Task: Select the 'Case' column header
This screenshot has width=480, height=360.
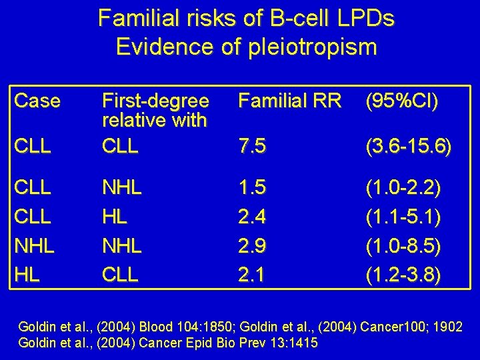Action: [37, 101]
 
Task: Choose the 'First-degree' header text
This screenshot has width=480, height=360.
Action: [155, 101]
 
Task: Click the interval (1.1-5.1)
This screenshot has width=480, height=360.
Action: [403, 217]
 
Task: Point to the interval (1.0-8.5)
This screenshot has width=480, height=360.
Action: [403, 245]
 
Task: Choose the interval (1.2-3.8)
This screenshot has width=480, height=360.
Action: [403, 273]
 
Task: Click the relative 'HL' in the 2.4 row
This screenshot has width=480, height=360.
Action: [114, 217]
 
